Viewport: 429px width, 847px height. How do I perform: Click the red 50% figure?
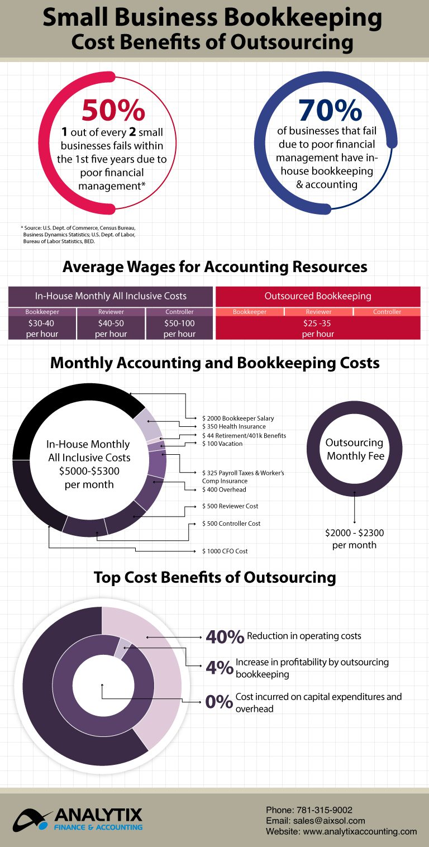[x=113, y=111]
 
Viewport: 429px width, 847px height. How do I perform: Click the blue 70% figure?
[x=330, y=111]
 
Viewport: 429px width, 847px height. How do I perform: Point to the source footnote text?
[x=78, y=235]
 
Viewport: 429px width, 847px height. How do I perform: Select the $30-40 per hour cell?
[x=42, y=329]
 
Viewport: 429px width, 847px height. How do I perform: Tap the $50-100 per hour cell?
[x=179, y=329]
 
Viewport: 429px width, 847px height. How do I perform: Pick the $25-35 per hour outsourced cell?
[x=317, y=329]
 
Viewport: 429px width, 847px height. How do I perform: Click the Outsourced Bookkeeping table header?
[x=317, y=296]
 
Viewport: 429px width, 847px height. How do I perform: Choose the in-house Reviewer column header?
[x=111, y=312]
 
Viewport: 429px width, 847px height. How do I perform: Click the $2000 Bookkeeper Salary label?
[x=238, y=418]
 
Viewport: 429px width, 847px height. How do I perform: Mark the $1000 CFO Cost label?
[x=225, y=551]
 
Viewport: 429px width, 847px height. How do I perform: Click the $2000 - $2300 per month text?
[x=354, y=539]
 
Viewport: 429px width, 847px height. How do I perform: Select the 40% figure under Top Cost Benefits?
[x=225, y=636]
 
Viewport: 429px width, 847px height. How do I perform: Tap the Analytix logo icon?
[x=34, y=820]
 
